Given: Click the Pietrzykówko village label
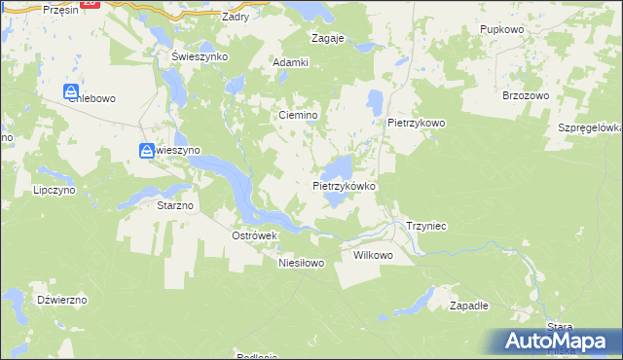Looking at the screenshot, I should [344, 185].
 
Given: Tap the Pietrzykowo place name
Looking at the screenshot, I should [416, 124].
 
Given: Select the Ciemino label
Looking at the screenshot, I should [299, 115].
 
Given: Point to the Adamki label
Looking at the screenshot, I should [290, 62].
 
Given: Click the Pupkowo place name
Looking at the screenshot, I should [502, 30].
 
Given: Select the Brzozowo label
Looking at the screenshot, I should [526, 95].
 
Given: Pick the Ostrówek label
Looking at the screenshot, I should [255, 235].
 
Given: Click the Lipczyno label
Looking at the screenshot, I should [54, 191].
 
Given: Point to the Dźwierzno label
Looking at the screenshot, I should [61, 300].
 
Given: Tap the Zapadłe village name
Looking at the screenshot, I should [469, 306].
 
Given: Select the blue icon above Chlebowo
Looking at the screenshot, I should [71, 91].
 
